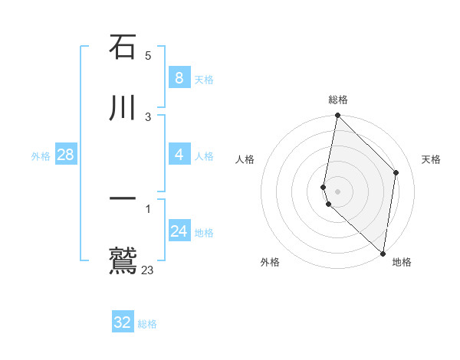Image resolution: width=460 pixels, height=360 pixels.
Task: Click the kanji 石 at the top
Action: coord(123,47)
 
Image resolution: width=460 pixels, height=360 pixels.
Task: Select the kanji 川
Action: coord(123,108)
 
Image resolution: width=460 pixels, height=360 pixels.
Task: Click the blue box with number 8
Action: coord(179,77)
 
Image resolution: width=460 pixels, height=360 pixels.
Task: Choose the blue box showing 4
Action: coord(179,155)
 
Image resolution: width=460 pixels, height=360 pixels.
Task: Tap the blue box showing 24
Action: coord(179,231)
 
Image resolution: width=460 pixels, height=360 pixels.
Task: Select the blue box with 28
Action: coord(65,155)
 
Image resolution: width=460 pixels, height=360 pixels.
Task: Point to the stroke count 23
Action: coord(148,270)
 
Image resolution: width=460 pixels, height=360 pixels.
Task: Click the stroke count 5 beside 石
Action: coord(148,56)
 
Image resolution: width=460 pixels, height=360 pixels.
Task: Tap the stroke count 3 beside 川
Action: coord(148,117)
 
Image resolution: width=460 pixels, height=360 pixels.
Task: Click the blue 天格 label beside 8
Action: coord(204,79)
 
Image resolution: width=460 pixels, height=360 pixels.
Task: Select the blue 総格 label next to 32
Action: coord(147,324)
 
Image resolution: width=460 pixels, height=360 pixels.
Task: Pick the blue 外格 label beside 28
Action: coord(41,156)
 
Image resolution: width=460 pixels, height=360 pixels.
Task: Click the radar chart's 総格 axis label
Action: coord(338,100)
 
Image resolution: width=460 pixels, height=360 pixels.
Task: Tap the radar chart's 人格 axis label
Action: coord(245,159)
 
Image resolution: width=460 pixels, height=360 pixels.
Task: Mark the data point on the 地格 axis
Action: coord(383,254)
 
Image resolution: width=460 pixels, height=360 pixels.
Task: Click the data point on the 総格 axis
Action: coord(337,115)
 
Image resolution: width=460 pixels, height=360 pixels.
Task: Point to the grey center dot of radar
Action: coord(337,191)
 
